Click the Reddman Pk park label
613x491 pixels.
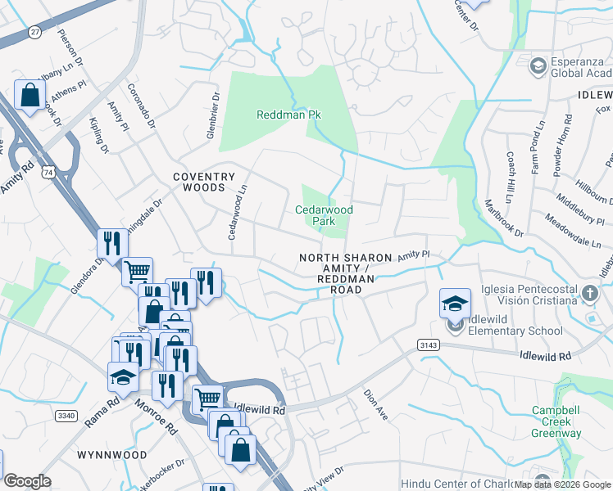point(288,115)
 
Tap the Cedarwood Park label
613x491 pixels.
point(324,215)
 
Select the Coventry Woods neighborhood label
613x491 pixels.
point(203,182)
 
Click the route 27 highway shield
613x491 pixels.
point(34,31)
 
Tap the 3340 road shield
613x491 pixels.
point(66,416)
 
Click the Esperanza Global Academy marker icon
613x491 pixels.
point(538,65)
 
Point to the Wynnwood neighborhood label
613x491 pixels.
point(111,454)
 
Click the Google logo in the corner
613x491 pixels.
point(27,481)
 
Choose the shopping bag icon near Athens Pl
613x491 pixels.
point(30,95)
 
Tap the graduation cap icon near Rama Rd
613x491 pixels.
point(123,376)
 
